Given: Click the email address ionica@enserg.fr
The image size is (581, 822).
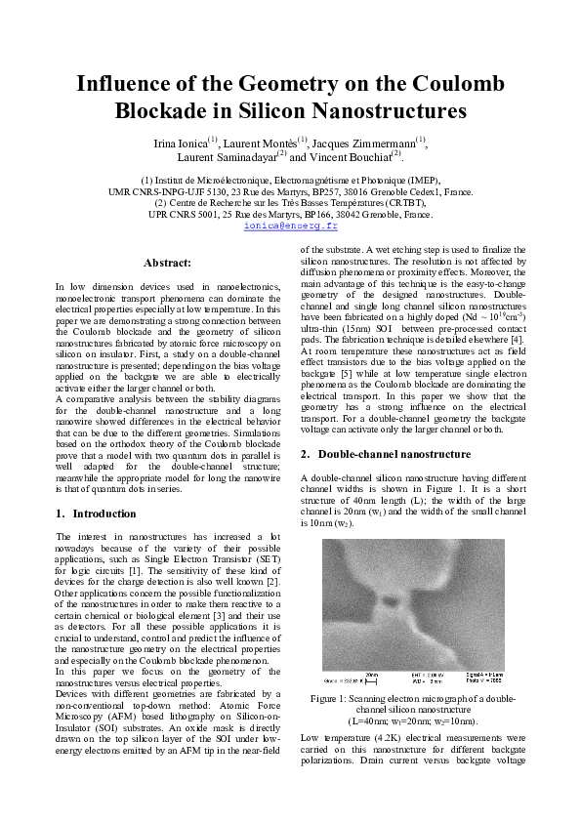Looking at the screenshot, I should tap(290, 226).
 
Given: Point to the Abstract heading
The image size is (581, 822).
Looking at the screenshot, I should tap(167, 263).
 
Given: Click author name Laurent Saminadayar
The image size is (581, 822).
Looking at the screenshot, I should tap(227, 156).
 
